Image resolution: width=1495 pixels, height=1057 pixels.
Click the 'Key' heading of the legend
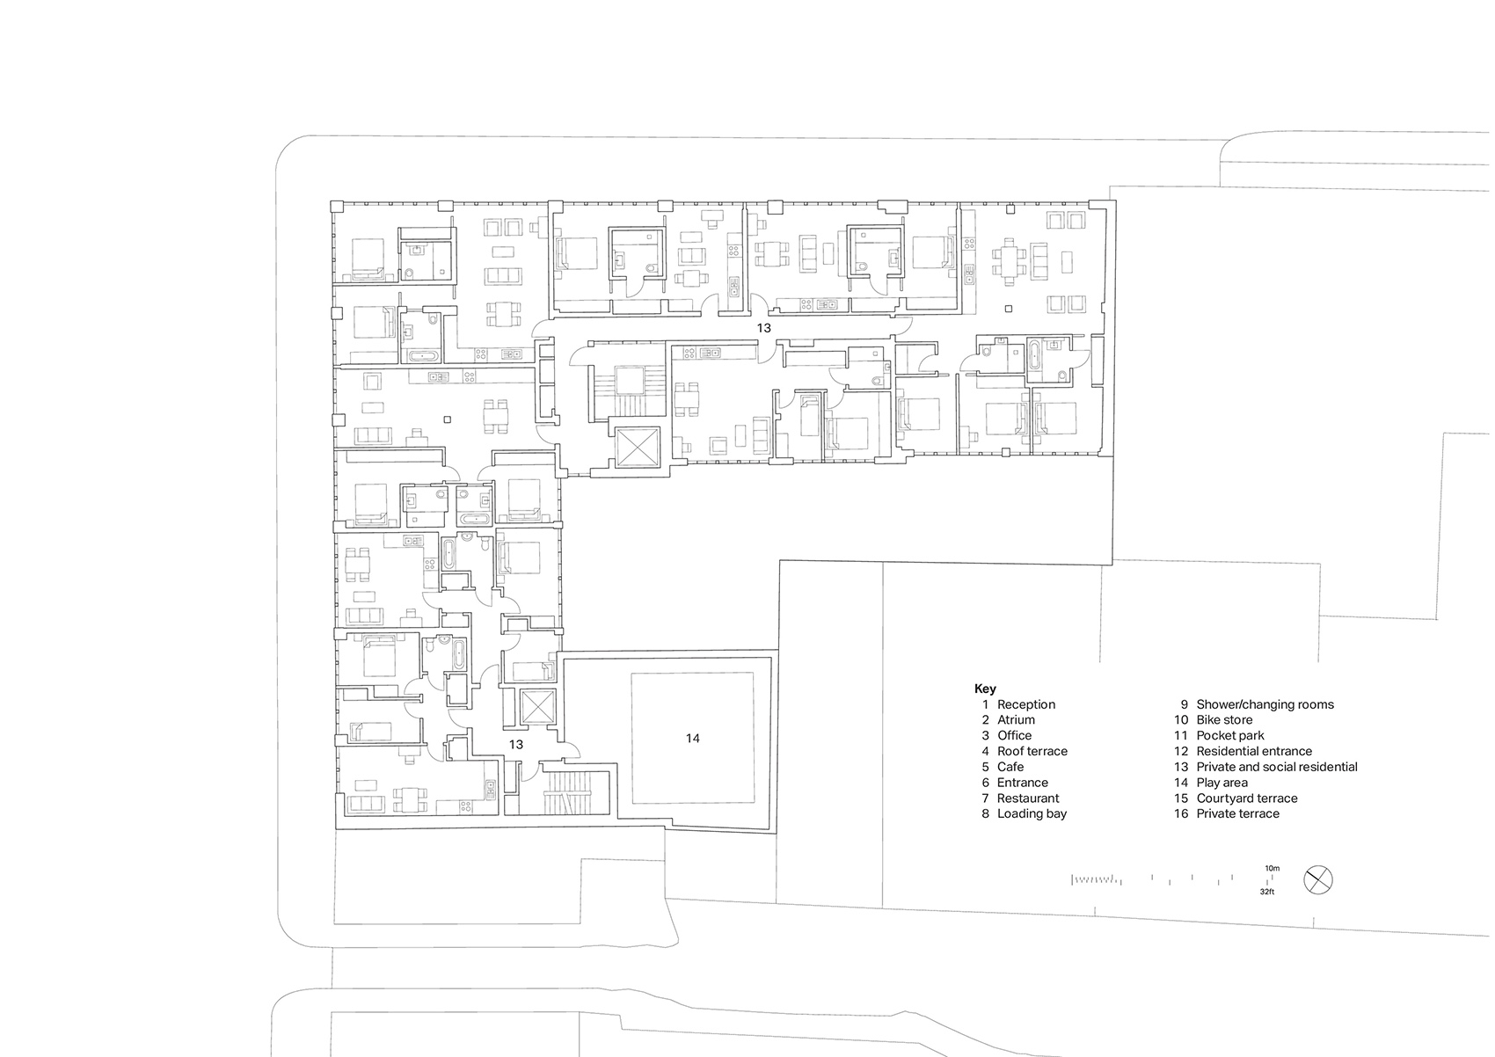[985, 689]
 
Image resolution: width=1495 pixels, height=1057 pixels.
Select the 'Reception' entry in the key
[1025, 704]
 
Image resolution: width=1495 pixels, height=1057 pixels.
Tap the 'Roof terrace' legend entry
[1032, 751]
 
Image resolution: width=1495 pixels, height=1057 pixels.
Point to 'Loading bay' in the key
[1032, 813]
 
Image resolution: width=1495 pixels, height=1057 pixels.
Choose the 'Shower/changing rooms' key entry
[1265, 704]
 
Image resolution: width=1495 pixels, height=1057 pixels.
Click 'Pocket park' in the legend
[1230, 735]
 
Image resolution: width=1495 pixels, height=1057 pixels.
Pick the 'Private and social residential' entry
[1276, 767]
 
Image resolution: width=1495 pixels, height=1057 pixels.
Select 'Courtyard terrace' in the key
[1246, 798]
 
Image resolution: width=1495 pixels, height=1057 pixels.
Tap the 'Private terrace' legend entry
[1237, 813]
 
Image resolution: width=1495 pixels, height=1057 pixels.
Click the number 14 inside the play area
[693, 739]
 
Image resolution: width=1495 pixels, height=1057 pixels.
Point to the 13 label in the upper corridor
[763, 328]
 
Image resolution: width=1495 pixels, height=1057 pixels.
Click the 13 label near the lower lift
[515, 745]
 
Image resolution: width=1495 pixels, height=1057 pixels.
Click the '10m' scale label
[1272, 868]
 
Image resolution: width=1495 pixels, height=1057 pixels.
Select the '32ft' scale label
[1266, 891]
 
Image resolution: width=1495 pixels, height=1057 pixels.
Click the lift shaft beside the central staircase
[635, 447]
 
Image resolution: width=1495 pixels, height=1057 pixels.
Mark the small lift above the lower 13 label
[534, 706]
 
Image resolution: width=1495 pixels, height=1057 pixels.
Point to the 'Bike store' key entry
[1224, 720]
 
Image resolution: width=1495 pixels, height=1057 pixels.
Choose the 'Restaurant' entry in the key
[1027, 798]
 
